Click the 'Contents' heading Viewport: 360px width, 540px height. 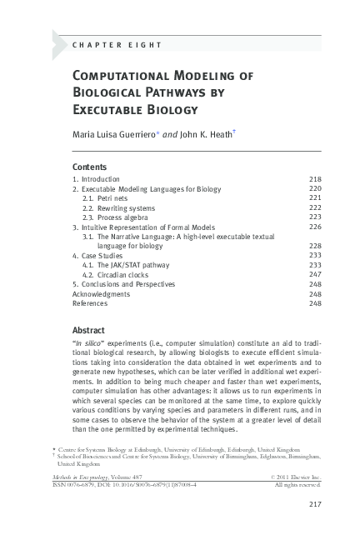coord(90,167)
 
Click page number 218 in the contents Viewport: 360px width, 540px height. coord(315,179)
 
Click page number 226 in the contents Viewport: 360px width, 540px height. coord(315,227)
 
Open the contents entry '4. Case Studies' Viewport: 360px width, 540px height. coord(97,256)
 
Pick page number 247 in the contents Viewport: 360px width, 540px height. coord(315,274)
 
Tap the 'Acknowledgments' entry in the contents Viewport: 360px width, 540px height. coord(101,293)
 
